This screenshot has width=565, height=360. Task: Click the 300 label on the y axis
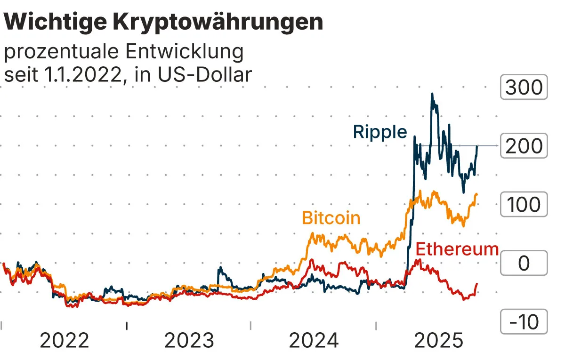(x=524, y=88)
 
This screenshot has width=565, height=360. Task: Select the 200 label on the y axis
(x=524, y=146)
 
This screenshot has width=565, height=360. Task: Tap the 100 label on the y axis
(x=524, y=205)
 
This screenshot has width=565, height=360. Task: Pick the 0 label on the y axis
(x=524, y=264)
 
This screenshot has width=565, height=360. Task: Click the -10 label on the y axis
(x=524, y=322)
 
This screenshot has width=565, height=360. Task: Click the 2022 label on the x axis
(x=64, y=340)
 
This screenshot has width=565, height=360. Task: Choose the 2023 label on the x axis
(x=189, y=340)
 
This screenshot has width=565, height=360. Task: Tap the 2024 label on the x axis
(x=314, y=340)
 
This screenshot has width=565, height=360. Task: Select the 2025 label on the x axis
(x=438, y=340)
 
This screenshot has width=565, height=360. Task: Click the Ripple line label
(x=380, y=132)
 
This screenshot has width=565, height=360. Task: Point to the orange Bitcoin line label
(x=331, y=218)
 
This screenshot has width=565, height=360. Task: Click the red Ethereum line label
(x=458, y=248)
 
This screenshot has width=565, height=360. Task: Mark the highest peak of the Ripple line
(x=432, y=94)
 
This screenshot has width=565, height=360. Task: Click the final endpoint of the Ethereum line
(x=477, y=284)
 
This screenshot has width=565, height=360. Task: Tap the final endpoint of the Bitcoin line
(x=477, y=194)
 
